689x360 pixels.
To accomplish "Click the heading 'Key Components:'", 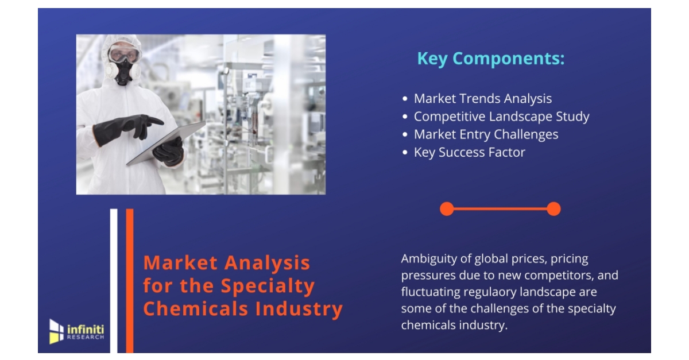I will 490,59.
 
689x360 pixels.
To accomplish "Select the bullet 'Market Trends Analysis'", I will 482,99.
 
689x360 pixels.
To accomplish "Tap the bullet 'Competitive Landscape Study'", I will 501,117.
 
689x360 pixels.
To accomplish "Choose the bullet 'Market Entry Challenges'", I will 486,134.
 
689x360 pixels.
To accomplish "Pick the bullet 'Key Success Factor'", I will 469,152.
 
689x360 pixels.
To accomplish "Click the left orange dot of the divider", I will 447,209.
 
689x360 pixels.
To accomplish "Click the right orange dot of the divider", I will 553,209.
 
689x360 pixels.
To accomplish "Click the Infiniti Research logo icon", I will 56,331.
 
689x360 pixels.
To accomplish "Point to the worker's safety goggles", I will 124,56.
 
